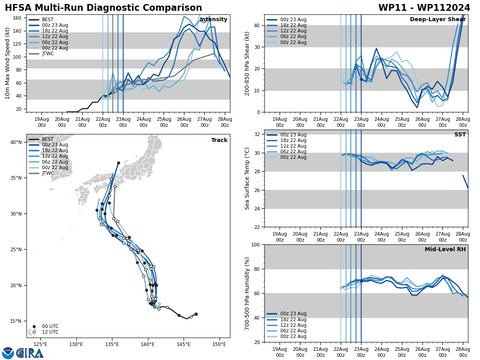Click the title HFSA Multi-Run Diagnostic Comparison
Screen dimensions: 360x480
[x=103, y=8]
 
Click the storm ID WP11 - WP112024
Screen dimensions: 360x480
[x=424, y=8]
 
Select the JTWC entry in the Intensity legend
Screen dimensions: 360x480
[x=48, y=54]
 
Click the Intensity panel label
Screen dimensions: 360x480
[x=213, y=20]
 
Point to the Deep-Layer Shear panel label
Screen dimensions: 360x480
[x=438, y=20]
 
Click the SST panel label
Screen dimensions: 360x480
[x=460, y=135]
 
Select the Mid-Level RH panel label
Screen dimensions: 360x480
[x=445, y=250]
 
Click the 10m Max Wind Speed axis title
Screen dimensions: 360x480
[x=8, y=63]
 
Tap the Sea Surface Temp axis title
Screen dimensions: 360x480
[x=248, y=178]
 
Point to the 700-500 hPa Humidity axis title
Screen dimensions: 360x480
[x=248, y=293]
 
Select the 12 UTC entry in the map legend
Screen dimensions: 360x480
[x=50, y=332]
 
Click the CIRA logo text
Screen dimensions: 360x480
[x=30, y=353]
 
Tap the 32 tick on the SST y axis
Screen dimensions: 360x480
[x=258, y=134]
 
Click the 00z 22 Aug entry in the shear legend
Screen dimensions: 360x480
[x=293, y=42]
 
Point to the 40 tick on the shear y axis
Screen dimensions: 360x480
[x=258, y=25]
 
